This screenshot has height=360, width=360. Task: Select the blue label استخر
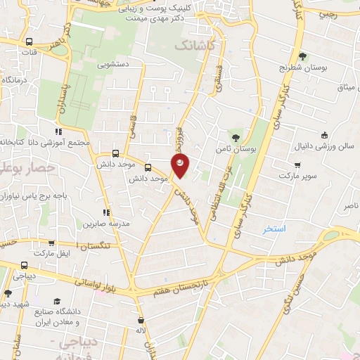click(x=274, y=229)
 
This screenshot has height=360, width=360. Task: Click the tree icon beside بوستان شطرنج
click(x=303, y=57)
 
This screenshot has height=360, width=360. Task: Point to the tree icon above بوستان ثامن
click(x=237, y=137)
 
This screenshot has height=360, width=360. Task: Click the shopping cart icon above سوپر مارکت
click(x=298, y=165)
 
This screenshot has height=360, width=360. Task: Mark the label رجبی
click(x=328, y=13)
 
